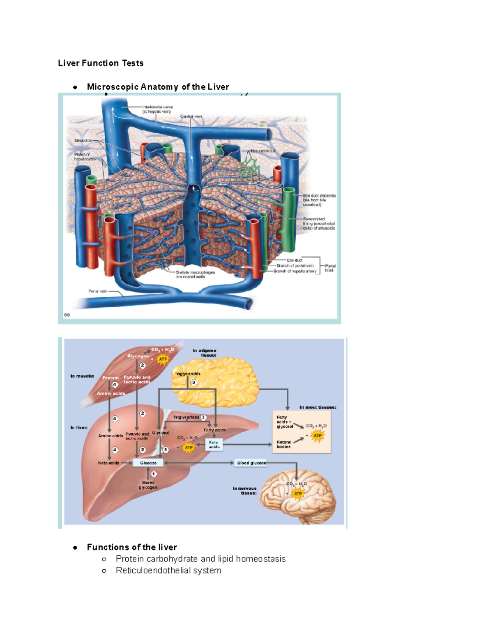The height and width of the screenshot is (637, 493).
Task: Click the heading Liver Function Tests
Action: (101, 63)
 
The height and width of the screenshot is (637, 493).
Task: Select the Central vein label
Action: (191, 116)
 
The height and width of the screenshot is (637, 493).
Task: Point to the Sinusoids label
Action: (83, 140)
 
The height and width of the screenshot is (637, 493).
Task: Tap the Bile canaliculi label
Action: (263, 151)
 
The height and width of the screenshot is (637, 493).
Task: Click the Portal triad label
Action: (330, 268)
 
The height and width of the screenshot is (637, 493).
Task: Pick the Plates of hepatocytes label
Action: (85, 157)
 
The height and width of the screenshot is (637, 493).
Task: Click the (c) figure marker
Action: (67, 315)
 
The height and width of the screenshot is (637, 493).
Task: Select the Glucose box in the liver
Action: (148, 463)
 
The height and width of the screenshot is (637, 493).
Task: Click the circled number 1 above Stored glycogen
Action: (154, 474)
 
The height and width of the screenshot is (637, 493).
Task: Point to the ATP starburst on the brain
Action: (298, 493)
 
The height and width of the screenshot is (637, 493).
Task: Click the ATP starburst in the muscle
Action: (163, 359)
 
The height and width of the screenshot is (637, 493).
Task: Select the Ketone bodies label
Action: (283, 444)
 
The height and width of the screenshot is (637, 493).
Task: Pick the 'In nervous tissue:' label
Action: (244, 491)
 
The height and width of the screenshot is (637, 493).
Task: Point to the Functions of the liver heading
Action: (132, 547)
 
